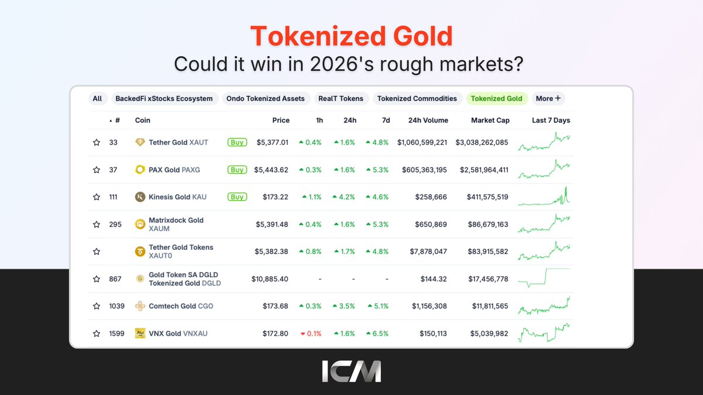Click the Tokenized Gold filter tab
(x=497, y=98)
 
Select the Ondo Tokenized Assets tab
(x=265, y=98)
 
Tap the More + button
(x=548, y=98)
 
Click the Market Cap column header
(x=490, y=121)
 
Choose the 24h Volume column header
(x=428, y=121)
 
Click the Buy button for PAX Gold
(x=237, y=170)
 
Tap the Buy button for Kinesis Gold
(x=237, y=197)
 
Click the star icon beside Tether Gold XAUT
(x=97, y=143)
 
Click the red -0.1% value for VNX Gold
(x=310, y=334)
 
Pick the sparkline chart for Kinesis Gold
(x=544, y=197)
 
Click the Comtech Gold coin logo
(x=140, y=306)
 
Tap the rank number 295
(x=115, y=224)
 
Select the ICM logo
(x=351, y=372)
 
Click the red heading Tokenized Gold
(x=351, y=36)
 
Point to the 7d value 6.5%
(x=377, y=334)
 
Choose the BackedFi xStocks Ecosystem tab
(x=164, y=98)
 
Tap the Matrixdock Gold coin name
(x=176, y=220)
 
